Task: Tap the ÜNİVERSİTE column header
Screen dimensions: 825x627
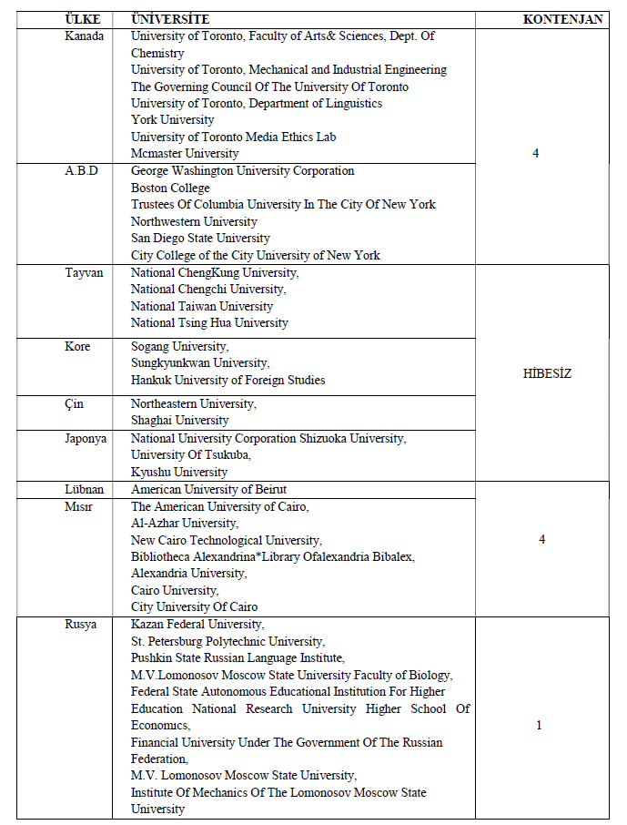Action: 170,19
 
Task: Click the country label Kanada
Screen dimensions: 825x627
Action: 85,36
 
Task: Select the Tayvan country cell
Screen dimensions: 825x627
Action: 84,272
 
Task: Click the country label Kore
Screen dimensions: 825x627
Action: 79,347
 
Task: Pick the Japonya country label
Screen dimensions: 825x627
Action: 86,438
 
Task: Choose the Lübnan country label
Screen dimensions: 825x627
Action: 85,490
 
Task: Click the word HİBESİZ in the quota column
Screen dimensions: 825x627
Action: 547,374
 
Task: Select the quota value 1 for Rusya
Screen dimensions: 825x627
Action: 539,726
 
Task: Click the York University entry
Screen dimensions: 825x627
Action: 173,120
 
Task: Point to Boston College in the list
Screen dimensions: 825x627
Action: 170,188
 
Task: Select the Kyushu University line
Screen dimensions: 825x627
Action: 179,472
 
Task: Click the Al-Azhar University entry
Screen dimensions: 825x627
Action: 185,523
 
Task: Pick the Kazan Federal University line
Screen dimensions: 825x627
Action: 197,624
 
